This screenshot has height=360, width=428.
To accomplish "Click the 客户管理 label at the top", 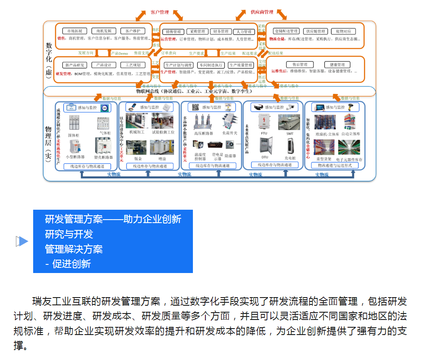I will point(160,12).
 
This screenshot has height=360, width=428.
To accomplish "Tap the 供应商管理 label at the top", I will point(262,12).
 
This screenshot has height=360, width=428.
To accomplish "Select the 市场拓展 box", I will point(75,31).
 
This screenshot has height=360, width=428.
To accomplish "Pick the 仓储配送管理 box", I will point(286,31).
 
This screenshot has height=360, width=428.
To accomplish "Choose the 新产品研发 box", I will point(75,65).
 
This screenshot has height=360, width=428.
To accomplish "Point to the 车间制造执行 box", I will point(211,65).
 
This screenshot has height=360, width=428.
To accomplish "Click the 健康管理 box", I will point(335,65).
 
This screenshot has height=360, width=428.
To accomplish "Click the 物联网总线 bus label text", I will point(194,91).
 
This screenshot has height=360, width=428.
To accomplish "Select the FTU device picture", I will point(264,122).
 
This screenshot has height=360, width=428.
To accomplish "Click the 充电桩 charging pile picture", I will point(289,146).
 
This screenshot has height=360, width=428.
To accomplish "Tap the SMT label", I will point(290,134).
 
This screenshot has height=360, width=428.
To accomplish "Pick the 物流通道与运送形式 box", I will point(335,165).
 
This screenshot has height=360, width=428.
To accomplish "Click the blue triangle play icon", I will point(22,242).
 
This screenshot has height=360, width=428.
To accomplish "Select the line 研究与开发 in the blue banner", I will point(69,234).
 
